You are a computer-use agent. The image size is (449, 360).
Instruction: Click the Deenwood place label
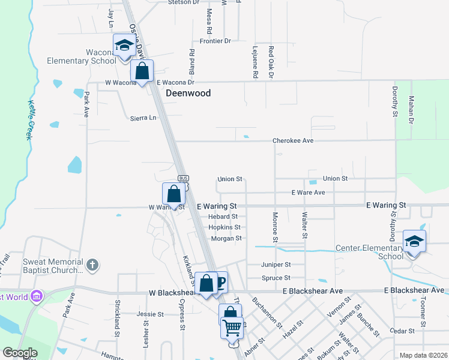[x=188, y=93]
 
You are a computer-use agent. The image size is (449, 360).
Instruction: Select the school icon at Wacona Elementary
[x=124, y=46]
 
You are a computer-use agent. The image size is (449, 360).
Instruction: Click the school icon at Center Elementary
[x=414, y=241]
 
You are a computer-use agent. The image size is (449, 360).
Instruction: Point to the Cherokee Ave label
[x=293, y=140]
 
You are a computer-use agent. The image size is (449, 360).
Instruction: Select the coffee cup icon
[x=220, y=282]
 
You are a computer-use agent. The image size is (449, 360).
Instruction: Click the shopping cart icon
[x=232, y=328]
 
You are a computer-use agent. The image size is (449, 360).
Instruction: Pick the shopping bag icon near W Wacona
[x=142, y=71]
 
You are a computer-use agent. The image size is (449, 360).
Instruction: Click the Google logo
[x=20, y=353]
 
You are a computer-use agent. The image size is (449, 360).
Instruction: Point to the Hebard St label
[x=223, y=217]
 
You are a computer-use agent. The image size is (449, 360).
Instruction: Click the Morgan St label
[x=226, y=238]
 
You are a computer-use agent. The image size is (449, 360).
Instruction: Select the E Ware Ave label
[x=308, y=193]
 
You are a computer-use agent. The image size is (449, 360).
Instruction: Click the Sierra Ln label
[x=143, y=118]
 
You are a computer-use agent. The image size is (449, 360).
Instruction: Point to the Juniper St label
[x=276, y=264]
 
